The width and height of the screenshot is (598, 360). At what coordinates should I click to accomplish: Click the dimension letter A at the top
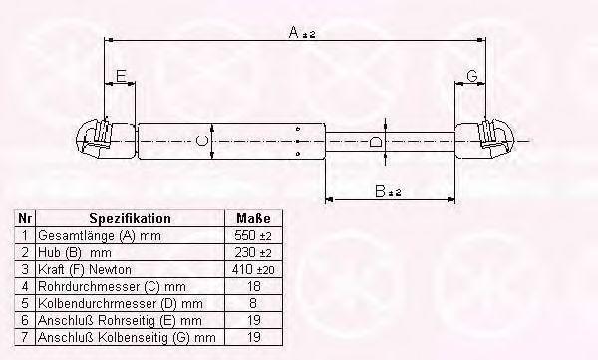(294, 32)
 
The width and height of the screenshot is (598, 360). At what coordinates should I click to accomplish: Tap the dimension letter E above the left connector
(121, 76)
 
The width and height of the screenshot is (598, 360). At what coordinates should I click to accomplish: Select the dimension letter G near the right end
(472, 76)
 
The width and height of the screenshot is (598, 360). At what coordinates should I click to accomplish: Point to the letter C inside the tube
(201, 141)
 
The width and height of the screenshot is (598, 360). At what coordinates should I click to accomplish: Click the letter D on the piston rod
(376, 142)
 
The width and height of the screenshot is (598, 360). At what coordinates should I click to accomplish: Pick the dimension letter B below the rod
(380, 191)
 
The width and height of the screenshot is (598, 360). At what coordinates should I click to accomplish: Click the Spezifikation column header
(130, 218)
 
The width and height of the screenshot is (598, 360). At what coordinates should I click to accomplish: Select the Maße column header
(253, 218)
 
